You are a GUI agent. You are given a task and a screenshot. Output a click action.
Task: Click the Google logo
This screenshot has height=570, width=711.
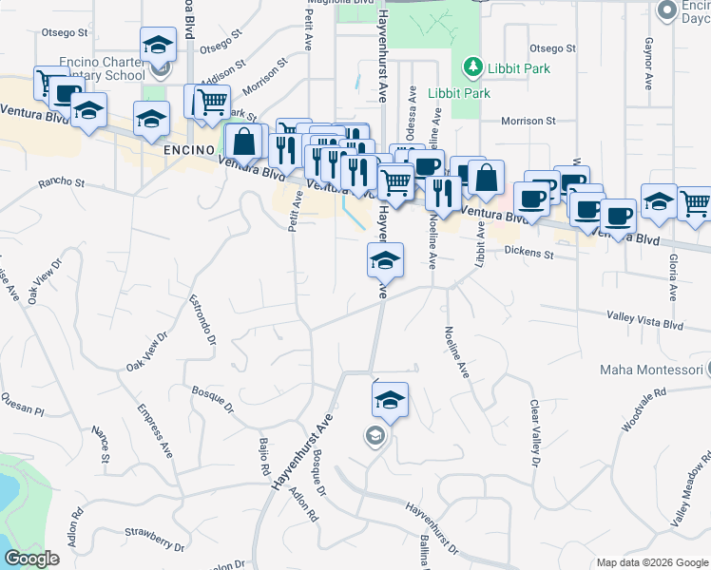point(32,559)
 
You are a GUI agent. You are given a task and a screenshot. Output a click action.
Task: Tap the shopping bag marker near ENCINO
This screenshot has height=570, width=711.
point(245,142)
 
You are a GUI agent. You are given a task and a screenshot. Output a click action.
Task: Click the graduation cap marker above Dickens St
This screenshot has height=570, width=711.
point(386,260)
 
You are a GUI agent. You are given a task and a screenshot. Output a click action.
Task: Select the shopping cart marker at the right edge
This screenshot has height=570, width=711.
point(696,203)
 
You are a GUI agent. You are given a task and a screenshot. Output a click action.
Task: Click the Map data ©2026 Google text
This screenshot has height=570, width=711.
point(651,562)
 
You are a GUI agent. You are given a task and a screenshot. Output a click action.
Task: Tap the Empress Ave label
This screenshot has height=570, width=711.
point(154,430)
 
